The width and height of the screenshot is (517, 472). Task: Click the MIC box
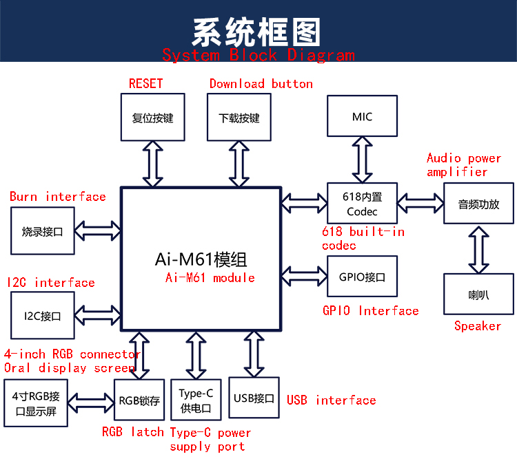(362, 116)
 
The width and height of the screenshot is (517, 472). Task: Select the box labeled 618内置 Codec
(362, 203)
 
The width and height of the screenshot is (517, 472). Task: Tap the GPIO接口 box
(362, 277)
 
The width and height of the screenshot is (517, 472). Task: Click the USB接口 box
(254, 398)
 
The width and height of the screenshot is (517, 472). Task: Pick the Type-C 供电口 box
(196, 400)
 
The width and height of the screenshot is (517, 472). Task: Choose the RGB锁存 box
(139, 400)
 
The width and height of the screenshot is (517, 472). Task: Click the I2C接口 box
(43, 315)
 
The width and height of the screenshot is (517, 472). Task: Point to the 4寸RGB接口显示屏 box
(36, 403)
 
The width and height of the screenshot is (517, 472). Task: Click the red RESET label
(145, 84)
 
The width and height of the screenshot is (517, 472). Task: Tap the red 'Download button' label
(261, 84)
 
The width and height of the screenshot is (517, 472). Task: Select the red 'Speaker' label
(478, 326)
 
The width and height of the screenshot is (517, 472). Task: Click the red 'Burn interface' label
(58, 197)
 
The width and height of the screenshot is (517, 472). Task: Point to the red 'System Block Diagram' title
(258, 55)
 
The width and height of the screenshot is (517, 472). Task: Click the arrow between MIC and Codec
(362, 160)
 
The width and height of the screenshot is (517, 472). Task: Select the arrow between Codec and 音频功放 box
(420, 203)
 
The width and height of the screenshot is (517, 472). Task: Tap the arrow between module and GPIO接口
(304, 276)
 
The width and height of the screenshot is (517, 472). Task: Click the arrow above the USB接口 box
(254, 354)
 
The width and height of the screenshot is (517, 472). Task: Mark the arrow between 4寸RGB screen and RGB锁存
(91, 403)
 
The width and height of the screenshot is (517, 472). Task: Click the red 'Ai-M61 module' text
(210, 278)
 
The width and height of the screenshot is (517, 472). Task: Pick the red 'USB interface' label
(332, 400)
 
